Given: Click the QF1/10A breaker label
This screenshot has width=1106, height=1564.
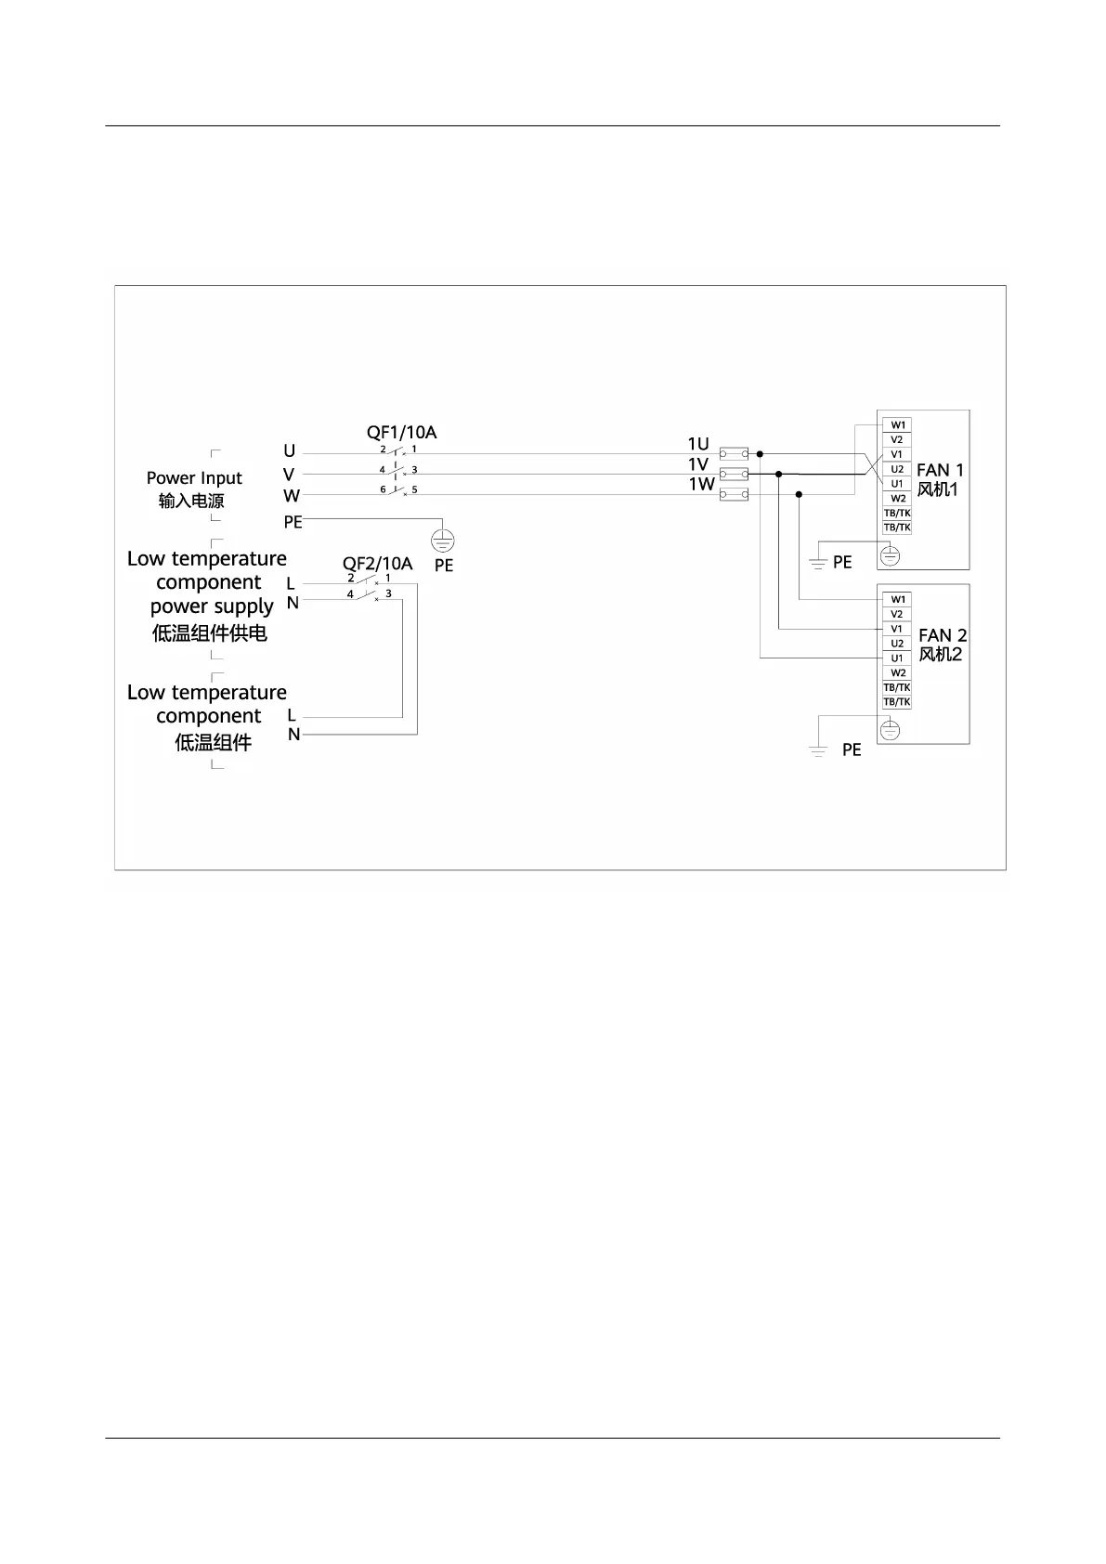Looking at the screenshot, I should click(401, 433).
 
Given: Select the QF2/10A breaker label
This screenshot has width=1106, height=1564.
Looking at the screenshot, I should click(377, 564).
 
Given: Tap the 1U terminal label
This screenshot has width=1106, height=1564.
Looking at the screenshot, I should click(698, 444).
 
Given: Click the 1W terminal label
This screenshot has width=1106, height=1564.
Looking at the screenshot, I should click(701, 484).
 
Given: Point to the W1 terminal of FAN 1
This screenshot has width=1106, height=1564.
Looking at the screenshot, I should click(897, 425).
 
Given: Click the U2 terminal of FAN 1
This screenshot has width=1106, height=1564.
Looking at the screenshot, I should click(897, 469).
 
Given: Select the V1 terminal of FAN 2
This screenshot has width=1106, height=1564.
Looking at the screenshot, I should click(897, 629).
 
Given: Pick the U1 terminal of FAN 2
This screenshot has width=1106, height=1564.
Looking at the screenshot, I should click(897, 658).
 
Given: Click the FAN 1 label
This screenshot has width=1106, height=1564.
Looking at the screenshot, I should click(940, 470).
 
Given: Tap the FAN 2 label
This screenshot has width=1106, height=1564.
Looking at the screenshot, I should click(943, 635).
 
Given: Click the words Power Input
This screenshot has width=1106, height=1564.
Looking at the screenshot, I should click(194, 478).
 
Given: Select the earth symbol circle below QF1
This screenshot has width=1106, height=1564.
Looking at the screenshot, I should click(444, 540).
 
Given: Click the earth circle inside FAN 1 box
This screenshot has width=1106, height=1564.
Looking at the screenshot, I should click(890, 555).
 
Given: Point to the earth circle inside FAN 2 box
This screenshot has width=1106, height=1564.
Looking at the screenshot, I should click(890, 730).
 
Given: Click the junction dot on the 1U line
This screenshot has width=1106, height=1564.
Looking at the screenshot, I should click(760, 454).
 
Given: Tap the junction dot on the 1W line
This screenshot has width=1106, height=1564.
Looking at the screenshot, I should click(799, 495).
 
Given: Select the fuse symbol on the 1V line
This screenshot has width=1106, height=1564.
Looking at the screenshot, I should click(734, 475).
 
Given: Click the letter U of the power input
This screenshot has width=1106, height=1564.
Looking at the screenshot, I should click(290, 451).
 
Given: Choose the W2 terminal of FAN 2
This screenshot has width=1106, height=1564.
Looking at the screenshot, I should click(897, 672).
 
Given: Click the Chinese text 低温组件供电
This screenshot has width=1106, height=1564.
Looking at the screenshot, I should click(210, 633).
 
